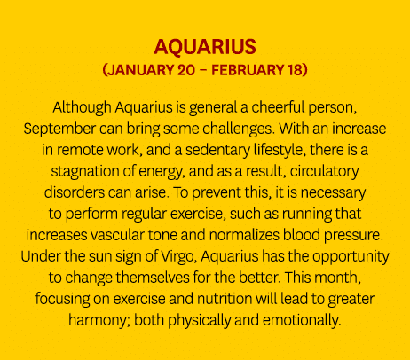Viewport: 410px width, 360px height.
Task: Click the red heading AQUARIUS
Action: tap(204, 47)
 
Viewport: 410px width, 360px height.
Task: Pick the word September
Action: tap(61, 127)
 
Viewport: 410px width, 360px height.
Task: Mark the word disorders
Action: tap(80, 185)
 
